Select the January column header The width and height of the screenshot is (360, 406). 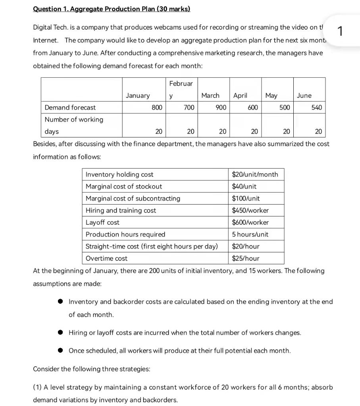(x=138, y=96)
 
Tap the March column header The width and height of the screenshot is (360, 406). (x=210, y=96)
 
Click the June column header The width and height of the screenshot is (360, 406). (x=304, y=96)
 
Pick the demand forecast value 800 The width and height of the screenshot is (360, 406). (x=157, y=107)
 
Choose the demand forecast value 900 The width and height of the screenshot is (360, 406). (x=221, y=107)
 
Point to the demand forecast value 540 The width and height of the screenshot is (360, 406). (x=316, y=107)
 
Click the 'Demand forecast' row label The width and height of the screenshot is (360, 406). (x=70, y=107)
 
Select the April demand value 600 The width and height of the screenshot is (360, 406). (x=253, y=107)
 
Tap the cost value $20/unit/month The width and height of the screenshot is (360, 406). (x=255, y=174)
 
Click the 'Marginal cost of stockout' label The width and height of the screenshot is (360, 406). (x=124, y=186)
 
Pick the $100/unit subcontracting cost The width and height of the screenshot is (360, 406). (x=246, y=198)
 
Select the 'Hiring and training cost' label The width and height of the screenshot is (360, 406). (x=121, y=211)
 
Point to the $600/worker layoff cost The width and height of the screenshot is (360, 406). (x=250, y=222)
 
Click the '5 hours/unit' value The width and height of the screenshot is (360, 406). (x=250, y=234)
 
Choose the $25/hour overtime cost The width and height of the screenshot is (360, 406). (x=245, y=259)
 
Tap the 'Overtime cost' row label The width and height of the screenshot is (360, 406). (x=106, y=259)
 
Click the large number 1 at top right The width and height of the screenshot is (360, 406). (x=339, y=31)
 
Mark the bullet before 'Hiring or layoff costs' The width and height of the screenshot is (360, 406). (x=60, y=333)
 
